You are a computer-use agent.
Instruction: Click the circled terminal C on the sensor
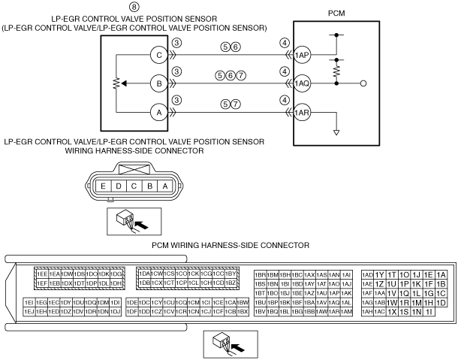[158, 55]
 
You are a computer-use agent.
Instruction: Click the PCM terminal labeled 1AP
[303, 55]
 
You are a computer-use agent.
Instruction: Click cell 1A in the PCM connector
[441, 274]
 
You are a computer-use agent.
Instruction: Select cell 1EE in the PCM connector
[43, 274]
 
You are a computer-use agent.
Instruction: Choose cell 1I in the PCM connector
[429, 311]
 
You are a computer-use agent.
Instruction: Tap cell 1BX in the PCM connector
[242, 311]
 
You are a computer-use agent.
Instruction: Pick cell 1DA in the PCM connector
[144, 274]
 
